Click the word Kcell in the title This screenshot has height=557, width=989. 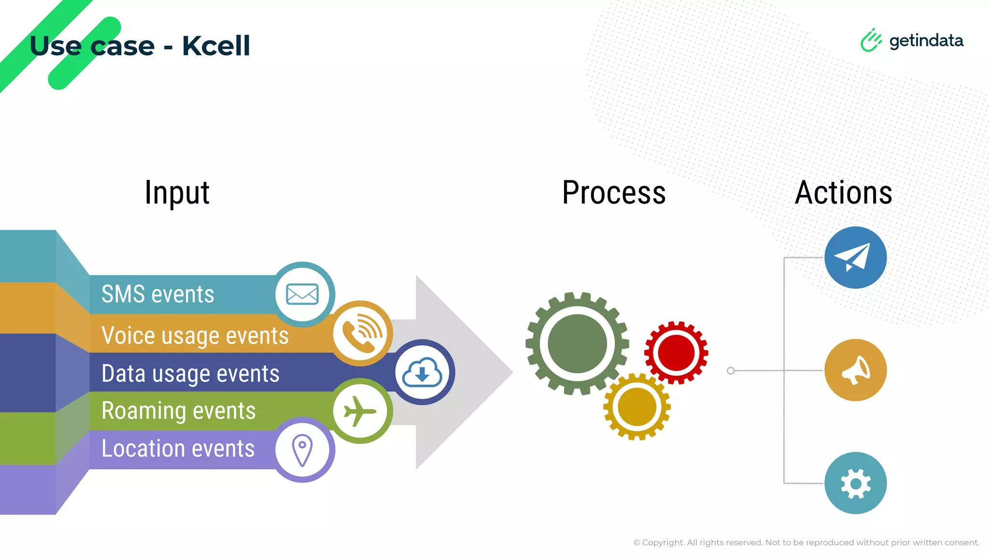pyautogui.click(x=216, y=46)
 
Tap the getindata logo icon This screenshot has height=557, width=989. pyautogui.click(x=871, y=40)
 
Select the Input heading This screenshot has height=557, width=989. pyautogui.click(x=177, y=192)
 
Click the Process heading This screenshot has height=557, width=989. pyautogui.click(x=614, y=192)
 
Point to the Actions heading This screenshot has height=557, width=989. pyautogui.click(x=843, y=192)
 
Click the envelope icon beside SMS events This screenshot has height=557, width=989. pyautogui.click(x=302, y=294)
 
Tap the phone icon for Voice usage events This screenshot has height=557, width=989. pyautogui.click(x=361, y=333)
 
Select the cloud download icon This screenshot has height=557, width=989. pyautogui.click(x=423, y=372)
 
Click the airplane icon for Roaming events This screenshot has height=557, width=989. pyautogui.click(x=360, y=411)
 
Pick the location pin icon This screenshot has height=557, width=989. pyautogui.click(x=302, y=450)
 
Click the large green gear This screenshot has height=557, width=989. pyautogui.click(x=577, y=344)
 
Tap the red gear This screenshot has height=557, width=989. pyautogui.click(x=676, y=353)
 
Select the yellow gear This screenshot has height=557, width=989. pyautogui.click(x=637, y=407)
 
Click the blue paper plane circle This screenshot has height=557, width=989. pyautogui.click(x=855, y=258)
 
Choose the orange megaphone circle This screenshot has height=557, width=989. pyautogui.click(x=855, y=370)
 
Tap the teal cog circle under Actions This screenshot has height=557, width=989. pyautogui.click(x=855, y=483)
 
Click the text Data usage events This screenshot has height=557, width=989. pyautogui.click(x=190, y=374)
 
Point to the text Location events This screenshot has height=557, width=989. pyautogui.click(x=178, y=449)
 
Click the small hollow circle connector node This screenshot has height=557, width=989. pyautogui.click(x=731, y=371)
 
